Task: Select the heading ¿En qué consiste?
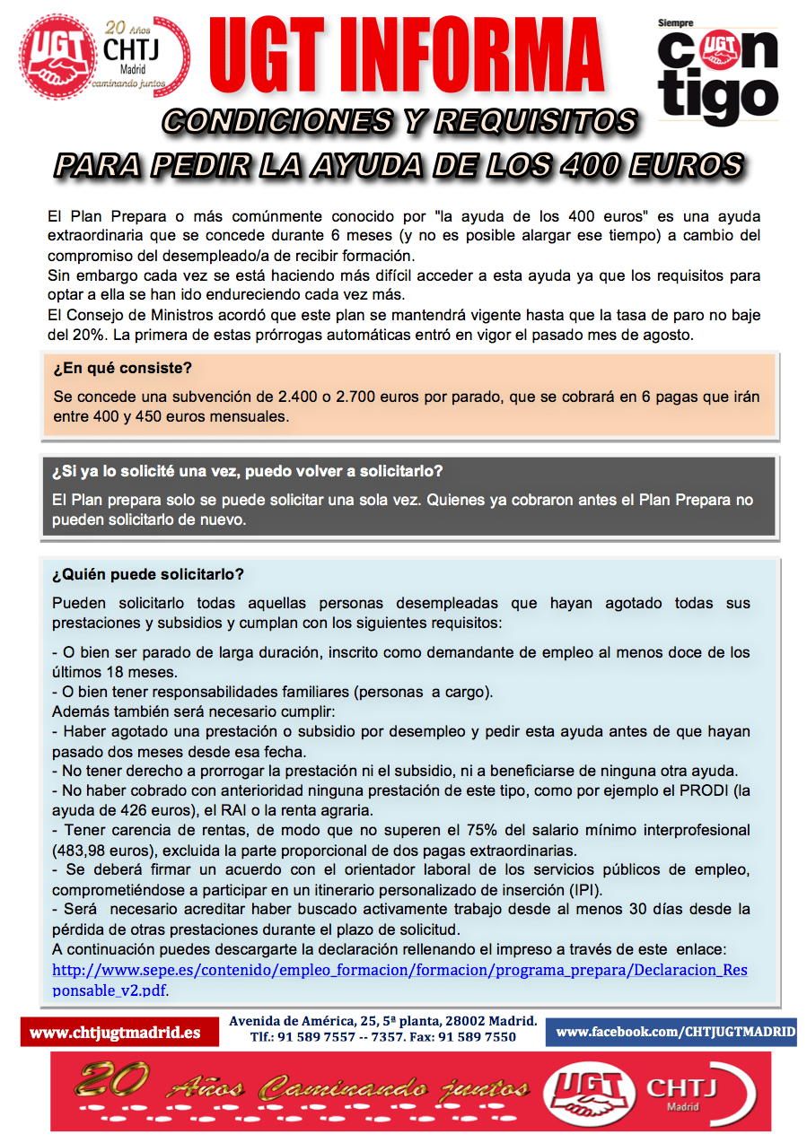(x=123, y=369)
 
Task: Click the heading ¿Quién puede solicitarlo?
(x=148, y=574)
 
